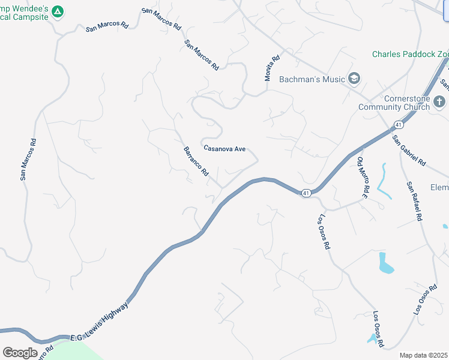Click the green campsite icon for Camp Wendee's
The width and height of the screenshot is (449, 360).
click(57, 11)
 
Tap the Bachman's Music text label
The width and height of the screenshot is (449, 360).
click(312, 79)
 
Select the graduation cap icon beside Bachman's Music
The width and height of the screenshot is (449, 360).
click(354, 79)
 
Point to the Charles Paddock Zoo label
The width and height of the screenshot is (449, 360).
click(410, 54)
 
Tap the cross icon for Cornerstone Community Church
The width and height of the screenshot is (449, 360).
click(440, 101)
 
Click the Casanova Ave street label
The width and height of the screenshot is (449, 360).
click(224, 148)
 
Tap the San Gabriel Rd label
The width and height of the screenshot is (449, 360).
click(408, 151)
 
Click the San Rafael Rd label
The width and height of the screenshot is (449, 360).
click(414, 202)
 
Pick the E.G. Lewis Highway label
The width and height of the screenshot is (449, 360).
click(98, 323)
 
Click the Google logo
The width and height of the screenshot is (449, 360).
click(20, 353)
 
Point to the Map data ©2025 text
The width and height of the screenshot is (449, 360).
click(424, 355)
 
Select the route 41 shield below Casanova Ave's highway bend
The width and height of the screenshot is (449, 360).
click(306, 193)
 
